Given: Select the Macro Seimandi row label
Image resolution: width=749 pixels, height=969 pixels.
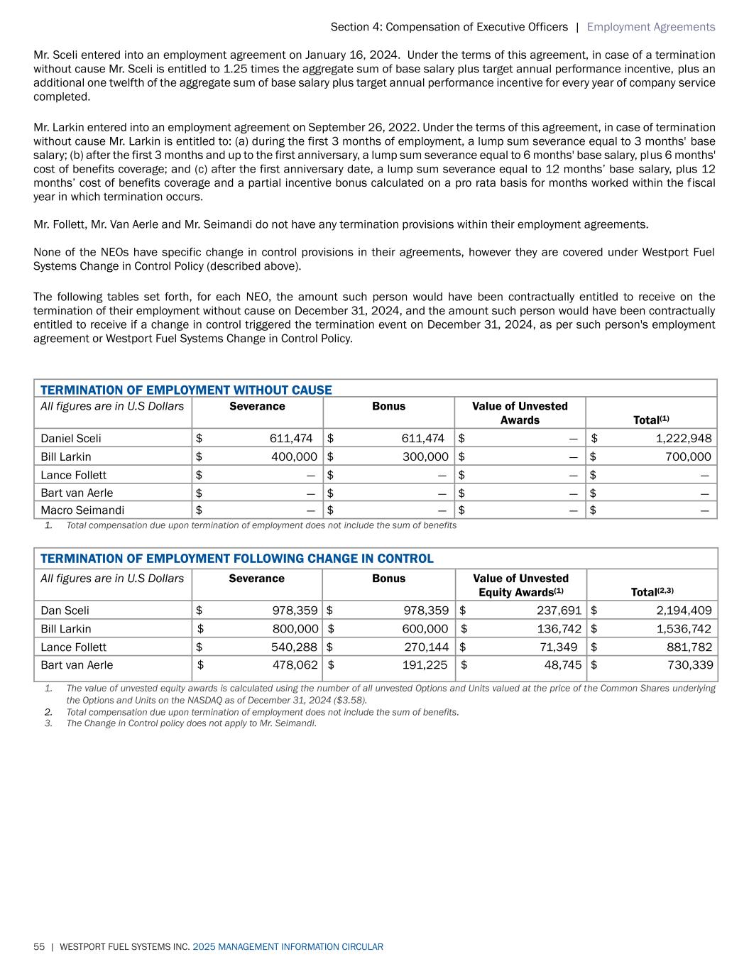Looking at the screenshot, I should [82, 510].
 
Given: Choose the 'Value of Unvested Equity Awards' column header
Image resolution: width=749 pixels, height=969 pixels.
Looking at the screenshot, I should [520, 585].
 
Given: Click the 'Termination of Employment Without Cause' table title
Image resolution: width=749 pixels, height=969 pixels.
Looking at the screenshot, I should [186, 390].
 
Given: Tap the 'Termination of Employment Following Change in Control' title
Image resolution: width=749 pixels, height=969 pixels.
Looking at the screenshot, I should [236, 558].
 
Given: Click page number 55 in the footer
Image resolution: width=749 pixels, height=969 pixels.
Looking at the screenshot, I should [39, 947].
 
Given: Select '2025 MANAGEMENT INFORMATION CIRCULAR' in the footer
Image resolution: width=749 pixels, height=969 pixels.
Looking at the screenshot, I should [288, 947].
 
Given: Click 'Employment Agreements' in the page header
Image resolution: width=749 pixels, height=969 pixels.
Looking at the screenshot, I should [650, 27].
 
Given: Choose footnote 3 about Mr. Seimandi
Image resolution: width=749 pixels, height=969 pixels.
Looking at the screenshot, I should [191, 723].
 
